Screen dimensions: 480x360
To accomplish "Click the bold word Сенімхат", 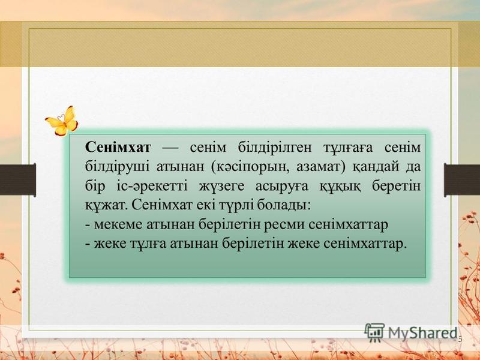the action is tap(118, 147).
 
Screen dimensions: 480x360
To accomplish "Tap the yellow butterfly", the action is tap(62, 121).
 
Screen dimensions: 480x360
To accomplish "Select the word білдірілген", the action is tap(275, 148).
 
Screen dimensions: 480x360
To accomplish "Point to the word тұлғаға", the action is tap(348, 148).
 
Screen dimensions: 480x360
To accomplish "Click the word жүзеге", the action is tap(222, 187).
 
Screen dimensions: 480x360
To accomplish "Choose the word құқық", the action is tap(340, 187).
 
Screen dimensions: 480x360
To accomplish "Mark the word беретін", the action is tap(397, 186).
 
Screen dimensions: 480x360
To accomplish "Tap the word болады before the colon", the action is tap(281, 205).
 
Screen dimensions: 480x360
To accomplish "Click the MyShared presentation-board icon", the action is tap(374, 332).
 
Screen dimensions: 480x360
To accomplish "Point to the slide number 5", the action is tap(460, 339).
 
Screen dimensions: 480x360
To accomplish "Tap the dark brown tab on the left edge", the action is tap(18, 180).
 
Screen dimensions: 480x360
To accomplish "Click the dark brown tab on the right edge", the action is tap(462, 180).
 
